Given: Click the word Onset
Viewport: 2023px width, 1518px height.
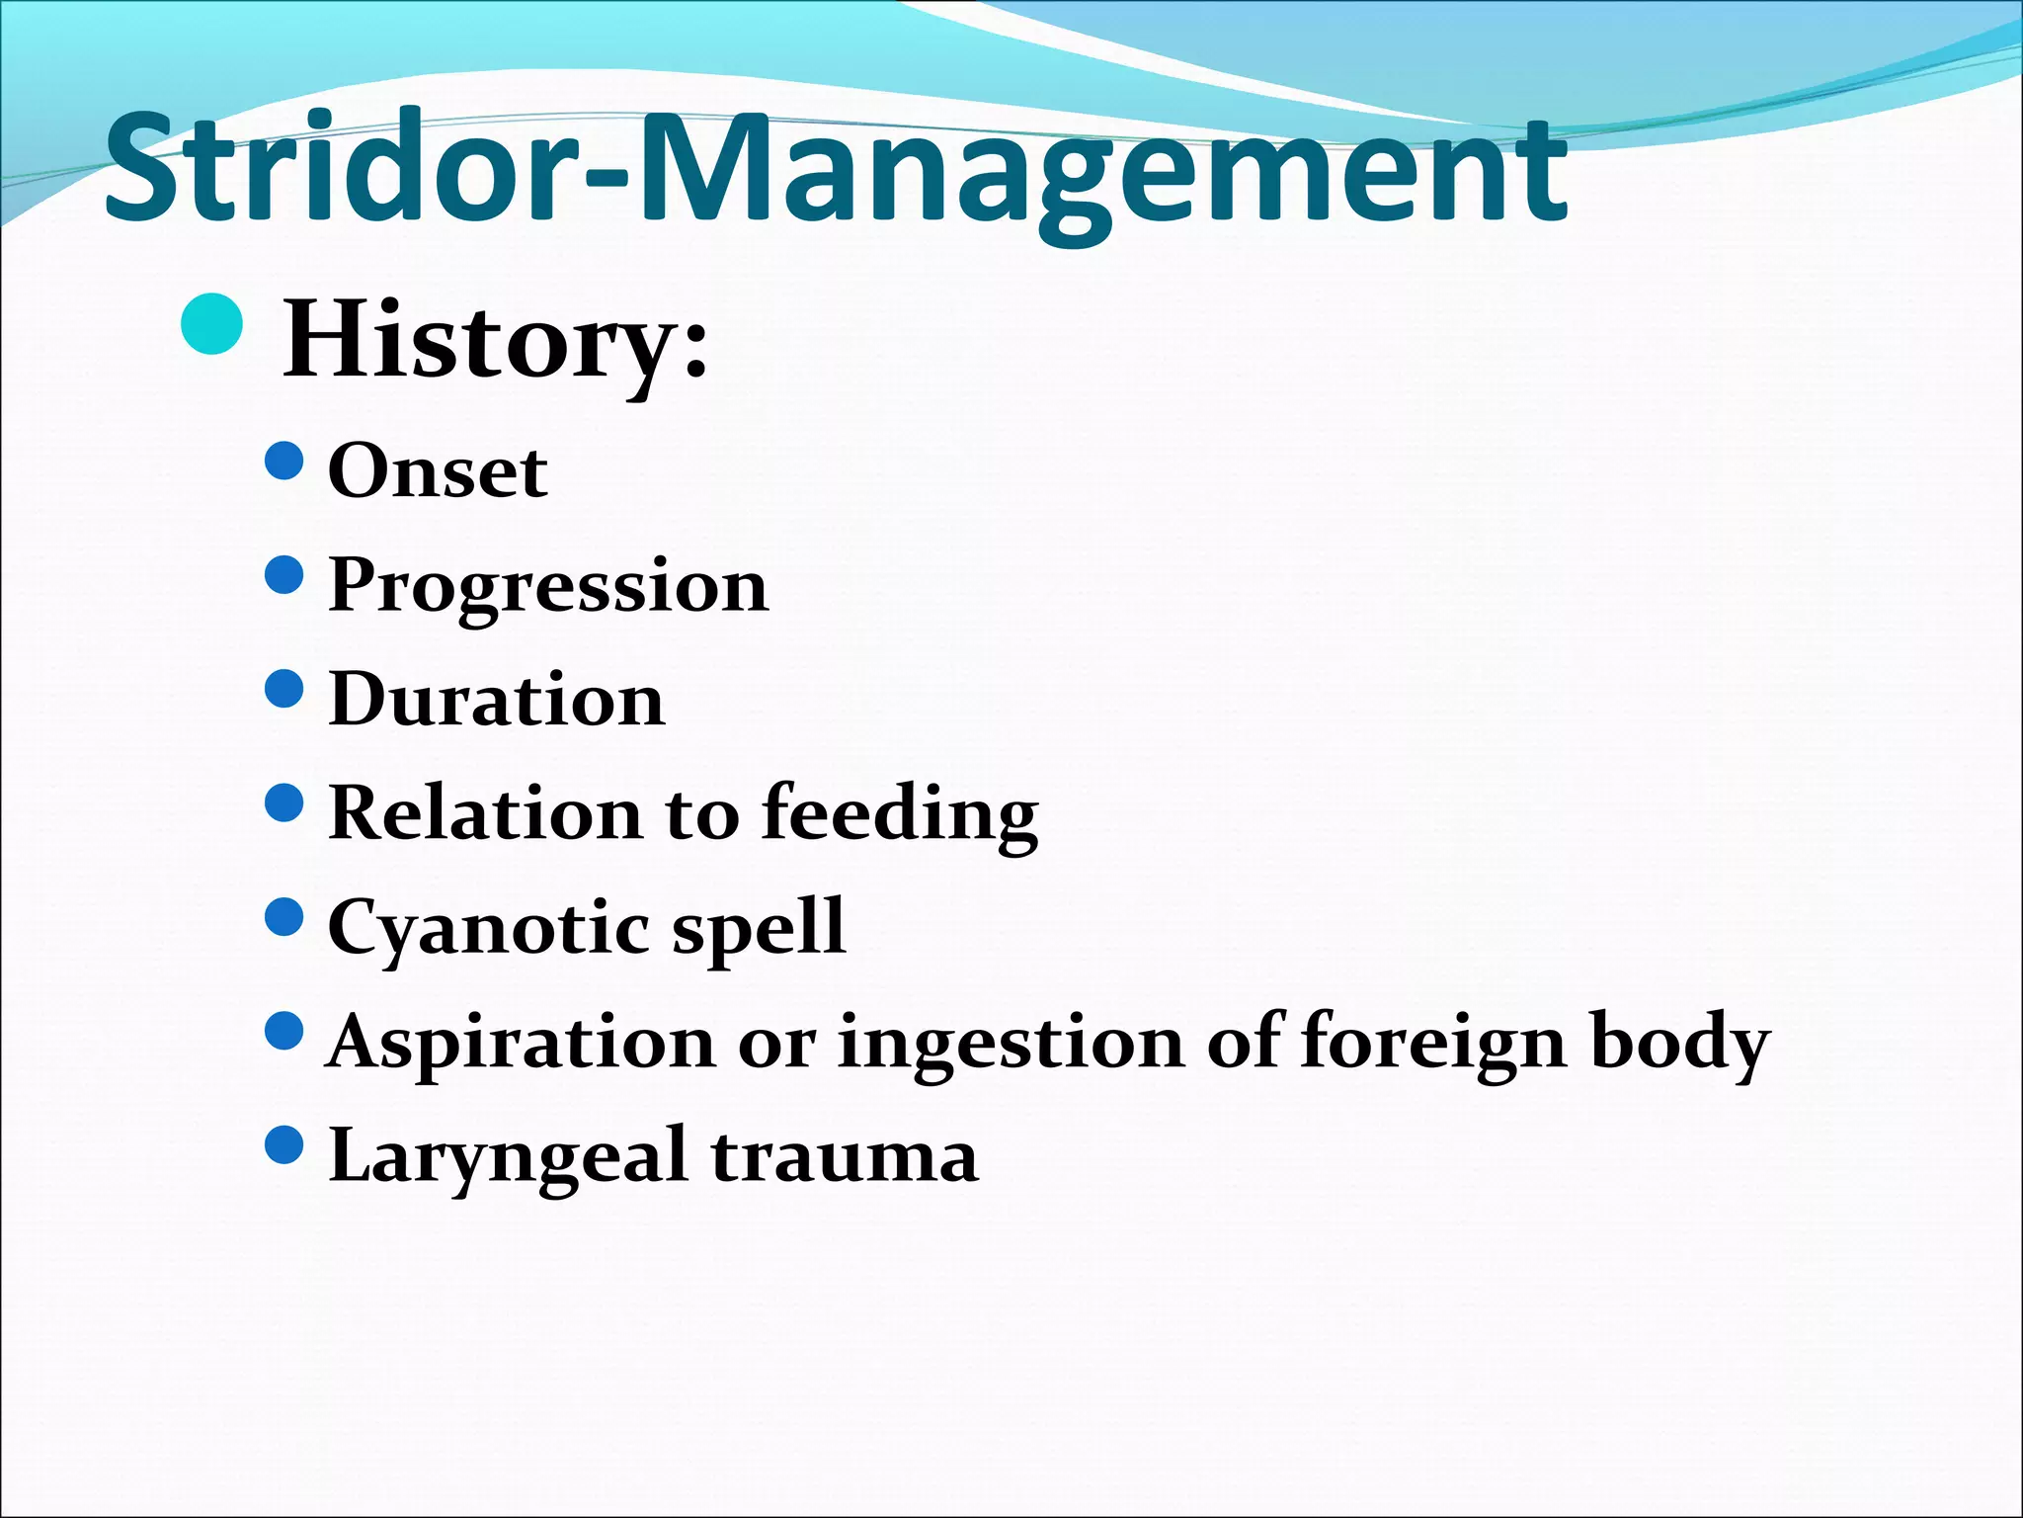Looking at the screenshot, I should [438, 471].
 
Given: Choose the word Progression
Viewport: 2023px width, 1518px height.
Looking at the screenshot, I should [548, 586].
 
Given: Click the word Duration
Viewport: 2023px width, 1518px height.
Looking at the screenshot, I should [497, 700].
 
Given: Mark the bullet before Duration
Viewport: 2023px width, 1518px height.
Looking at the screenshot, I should [284, 689].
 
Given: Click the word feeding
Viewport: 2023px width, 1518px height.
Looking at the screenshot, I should [900, 814].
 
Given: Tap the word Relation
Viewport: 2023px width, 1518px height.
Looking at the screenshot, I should [485, 813].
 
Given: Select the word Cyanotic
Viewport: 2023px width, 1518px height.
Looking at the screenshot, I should [489, 929].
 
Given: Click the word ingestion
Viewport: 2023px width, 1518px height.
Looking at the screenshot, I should [1011, 1044].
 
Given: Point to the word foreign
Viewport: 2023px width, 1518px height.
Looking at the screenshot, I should [1433, 1044].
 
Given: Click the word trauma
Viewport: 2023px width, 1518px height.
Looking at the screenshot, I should [845, 1157].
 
